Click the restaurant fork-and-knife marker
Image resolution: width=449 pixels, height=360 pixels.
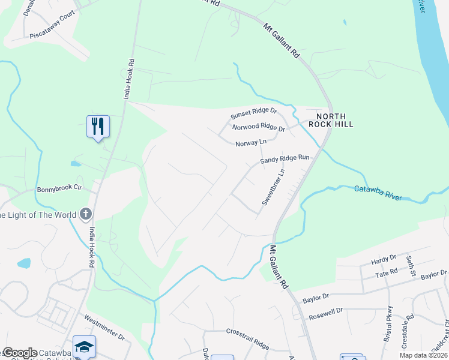click(x=98, y=127)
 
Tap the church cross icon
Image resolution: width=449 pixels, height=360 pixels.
click(x=86, y=214)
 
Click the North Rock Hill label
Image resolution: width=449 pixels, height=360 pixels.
click(x=331, y=120)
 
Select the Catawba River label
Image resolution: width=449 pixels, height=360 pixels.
click(x=378, y=193)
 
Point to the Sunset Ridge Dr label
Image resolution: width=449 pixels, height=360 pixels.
click(x=254, y=115)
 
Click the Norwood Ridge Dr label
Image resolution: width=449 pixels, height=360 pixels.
click(x=259, y=128)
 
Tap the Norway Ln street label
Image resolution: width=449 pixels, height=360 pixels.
click(x=251, y=143)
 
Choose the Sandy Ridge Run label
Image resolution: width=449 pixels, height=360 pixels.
click(x=285, y=159)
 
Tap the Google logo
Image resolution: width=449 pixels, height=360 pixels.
click(x=20, y=353)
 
